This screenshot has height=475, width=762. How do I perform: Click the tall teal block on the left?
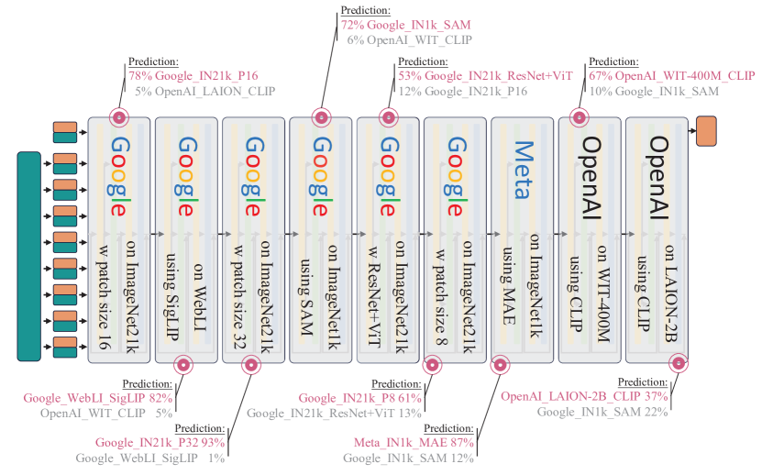28,257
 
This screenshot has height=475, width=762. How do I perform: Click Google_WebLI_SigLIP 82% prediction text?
98,398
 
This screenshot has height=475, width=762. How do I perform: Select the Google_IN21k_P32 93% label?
160,443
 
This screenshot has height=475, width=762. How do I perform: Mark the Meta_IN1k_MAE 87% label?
410,443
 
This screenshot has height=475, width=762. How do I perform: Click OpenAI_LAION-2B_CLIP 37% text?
584,396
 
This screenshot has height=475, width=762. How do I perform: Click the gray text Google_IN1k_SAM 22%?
602,412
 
